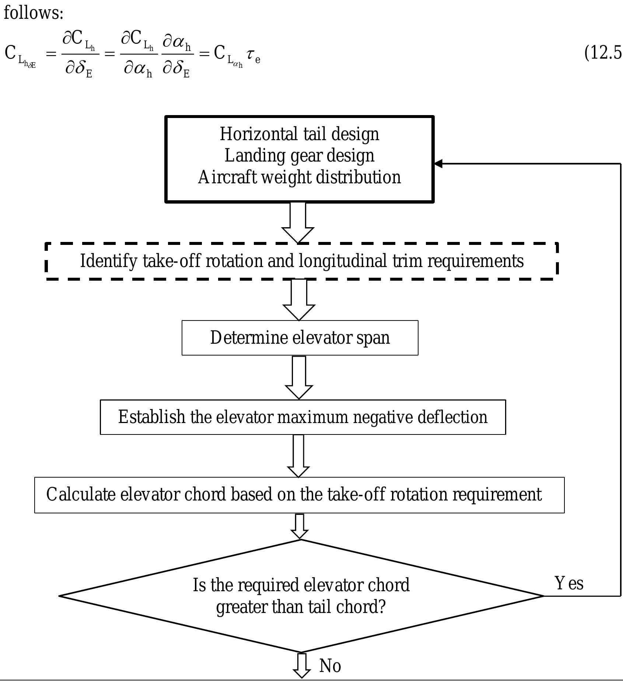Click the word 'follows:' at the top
click(x=34, y=13)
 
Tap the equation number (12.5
click(x=603, y=53)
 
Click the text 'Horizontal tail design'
click(x=299, y=134)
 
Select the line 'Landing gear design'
click(x=299, y=156)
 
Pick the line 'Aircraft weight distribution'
click(x=299, y=177)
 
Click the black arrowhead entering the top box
click(x=438, y=163)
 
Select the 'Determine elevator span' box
click(x=300, y=338)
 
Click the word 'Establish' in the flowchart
click(x=151, y=417)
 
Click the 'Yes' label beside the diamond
click(x=569, y=584)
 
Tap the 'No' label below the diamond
click(x=330, y=666)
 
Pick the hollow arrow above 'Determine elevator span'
click(x=299, y=299)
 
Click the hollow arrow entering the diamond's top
click(x=300, y=526)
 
